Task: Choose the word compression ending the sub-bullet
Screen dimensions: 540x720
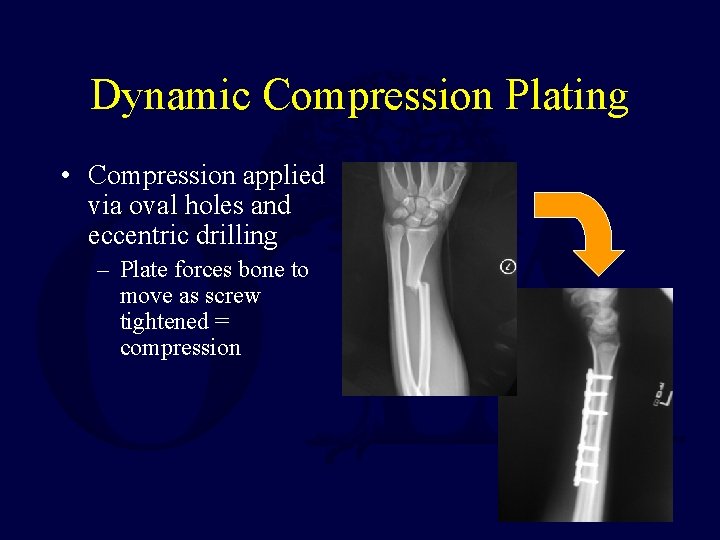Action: (180, 348)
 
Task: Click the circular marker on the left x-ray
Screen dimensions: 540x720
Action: (507, 267)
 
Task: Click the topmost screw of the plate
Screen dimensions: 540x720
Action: (598, 375)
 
